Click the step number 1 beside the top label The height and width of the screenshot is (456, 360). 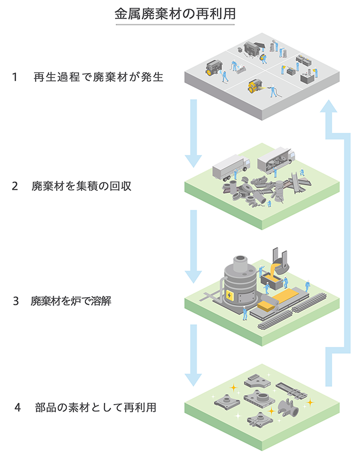point(15,77)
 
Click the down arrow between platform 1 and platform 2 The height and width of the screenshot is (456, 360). point(193,133)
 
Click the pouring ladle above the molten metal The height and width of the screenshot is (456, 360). point(279,262)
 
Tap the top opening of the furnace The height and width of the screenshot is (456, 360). point(240,260)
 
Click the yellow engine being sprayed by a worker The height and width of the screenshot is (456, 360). point(255,87)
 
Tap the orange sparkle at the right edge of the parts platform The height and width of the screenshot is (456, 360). point(310,402)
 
